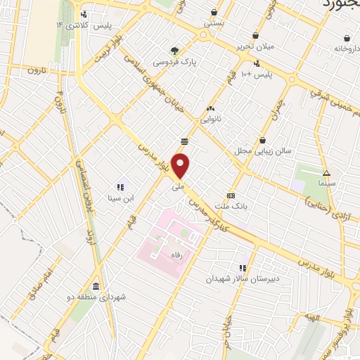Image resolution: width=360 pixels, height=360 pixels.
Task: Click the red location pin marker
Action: [181, 166]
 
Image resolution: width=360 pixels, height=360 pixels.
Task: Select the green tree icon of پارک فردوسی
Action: [175, 50]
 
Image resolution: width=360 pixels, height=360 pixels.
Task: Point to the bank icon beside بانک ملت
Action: [230, 195]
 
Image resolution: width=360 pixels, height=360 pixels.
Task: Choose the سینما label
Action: [326, 182]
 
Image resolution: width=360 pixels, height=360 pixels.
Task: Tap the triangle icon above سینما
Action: [326, 172]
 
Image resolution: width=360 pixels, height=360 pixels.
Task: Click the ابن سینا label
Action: [120, 198]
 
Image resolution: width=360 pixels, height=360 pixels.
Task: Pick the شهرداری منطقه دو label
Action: [103, 297]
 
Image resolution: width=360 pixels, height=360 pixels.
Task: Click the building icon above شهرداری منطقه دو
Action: [96, 286]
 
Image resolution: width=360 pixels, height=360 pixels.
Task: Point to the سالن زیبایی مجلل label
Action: [262, 151]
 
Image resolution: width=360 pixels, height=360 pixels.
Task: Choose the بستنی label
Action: [214, 22]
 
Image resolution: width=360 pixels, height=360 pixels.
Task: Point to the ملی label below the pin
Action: [179, 188]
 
